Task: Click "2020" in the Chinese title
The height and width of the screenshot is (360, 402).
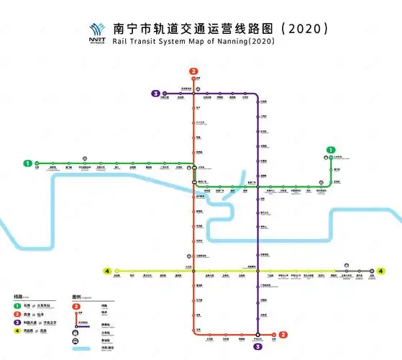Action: [x=306, y=28]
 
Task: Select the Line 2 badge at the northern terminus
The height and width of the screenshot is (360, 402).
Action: [x=193, y=71]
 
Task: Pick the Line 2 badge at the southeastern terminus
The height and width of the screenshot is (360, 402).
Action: [x=283, y=334]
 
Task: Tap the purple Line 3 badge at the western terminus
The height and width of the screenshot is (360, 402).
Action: [x=155, y=93]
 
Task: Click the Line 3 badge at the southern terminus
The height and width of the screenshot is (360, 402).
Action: [x=257, y=347]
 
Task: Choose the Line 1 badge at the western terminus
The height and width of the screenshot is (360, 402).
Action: [x=27, y=163]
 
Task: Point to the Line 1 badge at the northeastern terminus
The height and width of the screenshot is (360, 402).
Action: [x=330, y=149]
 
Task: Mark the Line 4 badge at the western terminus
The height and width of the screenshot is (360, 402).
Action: [x=107, y=271]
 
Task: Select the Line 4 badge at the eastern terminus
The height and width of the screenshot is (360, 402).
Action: [x=381, y=271]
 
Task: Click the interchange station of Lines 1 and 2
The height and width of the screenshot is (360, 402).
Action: [x=193, y=168]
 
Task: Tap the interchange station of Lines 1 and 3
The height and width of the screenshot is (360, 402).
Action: [x=257, y=186]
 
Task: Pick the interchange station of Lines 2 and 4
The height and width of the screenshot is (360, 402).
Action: [x=193, y=271]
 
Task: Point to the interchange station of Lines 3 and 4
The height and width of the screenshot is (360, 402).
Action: [x=257, y=271]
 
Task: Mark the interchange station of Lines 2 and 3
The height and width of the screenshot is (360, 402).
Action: [x=193, y=93]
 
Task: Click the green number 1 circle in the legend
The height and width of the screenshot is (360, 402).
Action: [x=17, y=305]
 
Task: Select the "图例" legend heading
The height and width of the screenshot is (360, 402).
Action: [x=77, y=296]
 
